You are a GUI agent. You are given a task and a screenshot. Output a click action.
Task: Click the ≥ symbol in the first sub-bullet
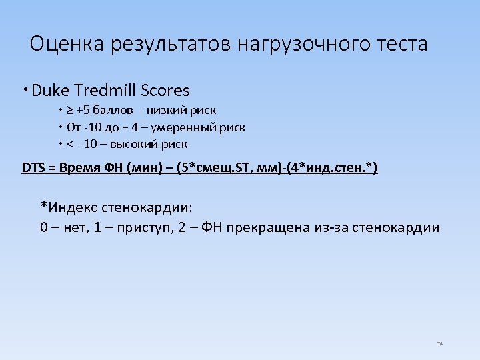pyautogui.click(x=71, y=110)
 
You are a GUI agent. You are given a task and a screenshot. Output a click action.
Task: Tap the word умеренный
pyautogui.click(x=190, y=127)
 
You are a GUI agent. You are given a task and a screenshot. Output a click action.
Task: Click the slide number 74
pyautogui.click(x=439, y=343)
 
